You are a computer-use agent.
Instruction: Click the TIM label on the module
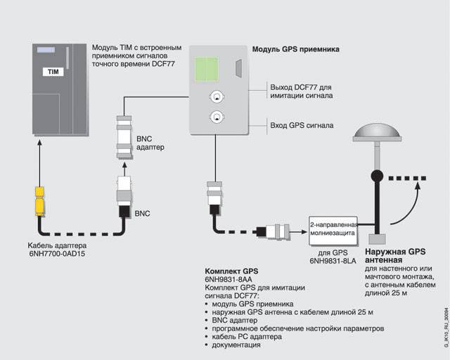53,72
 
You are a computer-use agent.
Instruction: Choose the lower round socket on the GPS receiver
217,119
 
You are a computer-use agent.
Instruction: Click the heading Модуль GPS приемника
295,49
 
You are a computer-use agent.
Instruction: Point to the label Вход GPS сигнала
302,125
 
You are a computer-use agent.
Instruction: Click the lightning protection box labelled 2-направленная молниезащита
333,228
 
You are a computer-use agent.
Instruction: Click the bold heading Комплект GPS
232,271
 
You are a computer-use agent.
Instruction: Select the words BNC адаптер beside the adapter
150,143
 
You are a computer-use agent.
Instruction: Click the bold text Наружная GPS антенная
395,255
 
